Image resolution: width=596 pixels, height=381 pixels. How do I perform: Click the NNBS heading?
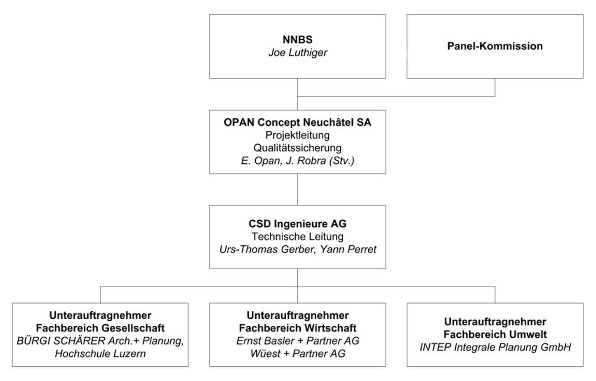(297, 40)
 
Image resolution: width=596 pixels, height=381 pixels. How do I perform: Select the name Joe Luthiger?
(298, 53)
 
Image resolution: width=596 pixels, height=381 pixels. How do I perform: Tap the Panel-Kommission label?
(495, 46)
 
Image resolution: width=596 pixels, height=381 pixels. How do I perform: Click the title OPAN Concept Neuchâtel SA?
(297, 122)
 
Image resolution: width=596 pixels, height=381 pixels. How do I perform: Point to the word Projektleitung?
(297, 135)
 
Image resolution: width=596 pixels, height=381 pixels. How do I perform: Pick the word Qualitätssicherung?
(297, 148)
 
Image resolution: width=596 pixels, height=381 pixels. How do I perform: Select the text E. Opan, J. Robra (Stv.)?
(297, 161)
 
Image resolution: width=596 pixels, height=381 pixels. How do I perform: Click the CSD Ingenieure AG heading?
(297, 224)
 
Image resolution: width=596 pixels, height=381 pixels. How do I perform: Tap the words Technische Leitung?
(297, 237)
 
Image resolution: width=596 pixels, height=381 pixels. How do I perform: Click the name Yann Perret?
(348, 249)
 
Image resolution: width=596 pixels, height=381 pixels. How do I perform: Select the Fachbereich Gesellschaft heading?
(100, 328)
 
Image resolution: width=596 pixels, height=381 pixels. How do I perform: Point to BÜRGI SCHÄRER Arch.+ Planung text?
(100, 341)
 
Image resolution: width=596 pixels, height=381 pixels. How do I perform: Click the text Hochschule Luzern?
(100, 354)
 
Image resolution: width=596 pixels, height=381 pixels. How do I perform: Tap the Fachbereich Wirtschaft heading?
(297, 328)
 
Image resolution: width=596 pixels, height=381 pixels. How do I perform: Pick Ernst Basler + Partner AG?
(297, 341)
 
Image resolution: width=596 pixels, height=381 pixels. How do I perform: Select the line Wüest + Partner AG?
(297, 354)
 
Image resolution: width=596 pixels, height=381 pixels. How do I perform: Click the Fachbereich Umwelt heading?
(495, 334)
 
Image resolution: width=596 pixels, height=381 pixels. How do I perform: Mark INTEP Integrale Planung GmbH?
(495, 348)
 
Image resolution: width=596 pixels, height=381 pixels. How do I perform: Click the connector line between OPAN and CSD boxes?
(297, 189)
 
